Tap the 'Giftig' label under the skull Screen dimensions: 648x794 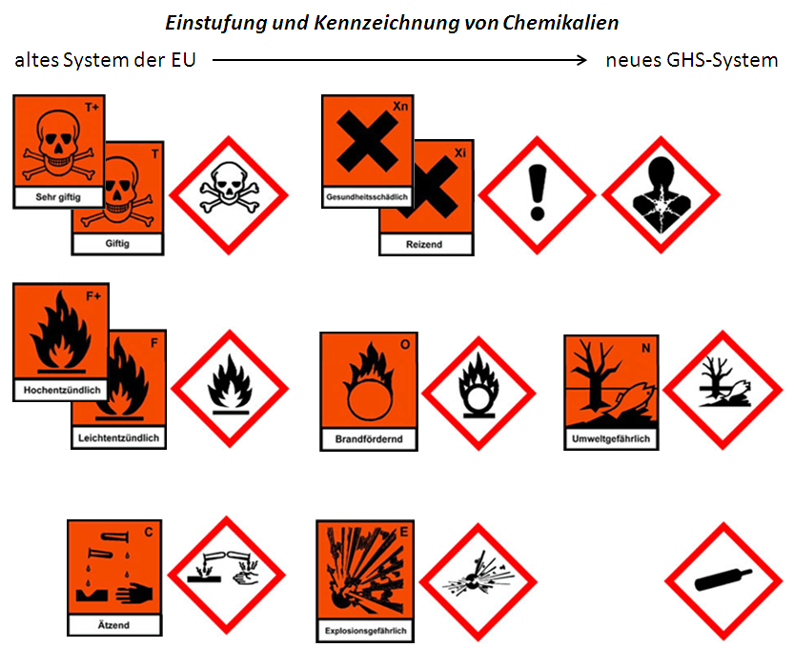pos(118,244)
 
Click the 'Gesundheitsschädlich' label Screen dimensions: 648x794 pos(367,197)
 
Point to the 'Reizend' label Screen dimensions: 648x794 pos(425,245)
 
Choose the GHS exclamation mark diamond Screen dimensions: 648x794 pos(537,195)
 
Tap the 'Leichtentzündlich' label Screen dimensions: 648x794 pos(118,438)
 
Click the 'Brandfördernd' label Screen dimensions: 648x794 pos(367,439)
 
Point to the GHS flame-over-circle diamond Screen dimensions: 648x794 pos(479,392)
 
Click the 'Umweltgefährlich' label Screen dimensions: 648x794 pos(610,439)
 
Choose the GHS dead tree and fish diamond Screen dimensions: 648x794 pos(722,389)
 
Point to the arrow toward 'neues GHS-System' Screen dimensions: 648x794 pos(400,60)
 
